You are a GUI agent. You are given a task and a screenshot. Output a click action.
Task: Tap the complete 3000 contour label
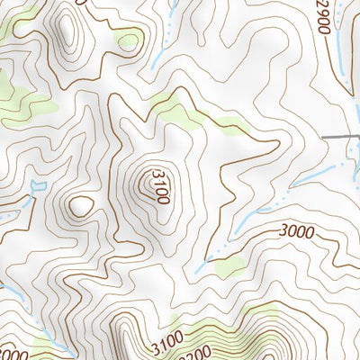296,232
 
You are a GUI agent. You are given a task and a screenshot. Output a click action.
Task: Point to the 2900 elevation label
323,16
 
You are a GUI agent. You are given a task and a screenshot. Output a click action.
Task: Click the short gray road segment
341,136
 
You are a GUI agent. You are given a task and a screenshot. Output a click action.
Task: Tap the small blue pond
36,186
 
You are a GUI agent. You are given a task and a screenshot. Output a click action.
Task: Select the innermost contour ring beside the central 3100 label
145,185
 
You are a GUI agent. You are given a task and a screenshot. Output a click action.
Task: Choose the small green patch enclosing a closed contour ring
129,39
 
